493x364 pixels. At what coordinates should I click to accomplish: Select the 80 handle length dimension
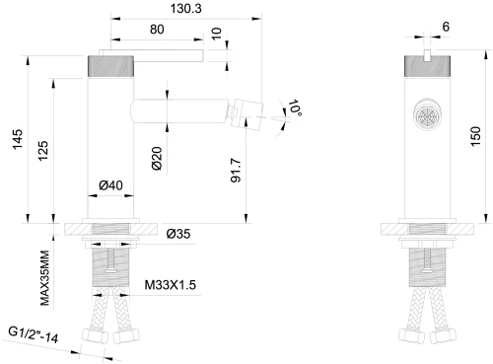click(157, 29)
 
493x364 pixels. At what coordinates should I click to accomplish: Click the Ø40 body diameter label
click(110, 183)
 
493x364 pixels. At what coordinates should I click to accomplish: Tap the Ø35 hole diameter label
click(178, 234)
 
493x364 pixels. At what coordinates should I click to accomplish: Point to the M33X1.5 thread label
click(170, 285)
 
